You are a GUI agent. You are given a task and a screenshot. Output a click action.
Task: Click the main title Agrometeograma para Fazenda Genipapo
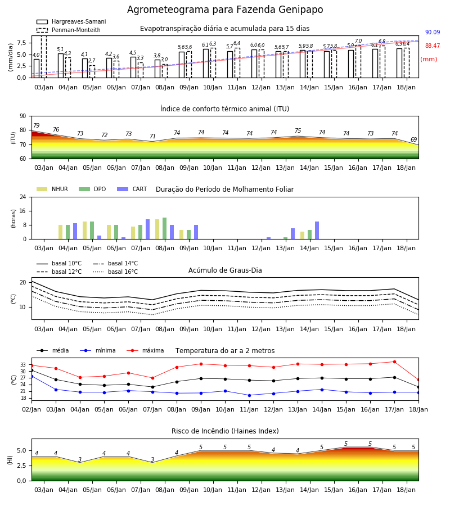225,10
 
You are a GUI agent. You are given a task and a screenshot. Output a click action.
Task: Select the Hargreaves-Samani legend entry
71,21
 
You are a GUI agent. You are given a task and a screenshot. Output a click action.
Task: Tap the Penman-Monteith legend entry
69,30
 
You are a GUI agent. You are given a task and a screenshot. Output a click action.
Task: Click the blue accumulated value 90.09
433,32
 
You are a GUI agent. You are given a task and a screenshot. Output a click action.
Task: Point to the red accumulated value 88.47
433,46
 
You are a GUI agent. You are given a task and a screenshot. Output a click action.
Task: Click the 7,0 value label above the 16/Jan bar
358,41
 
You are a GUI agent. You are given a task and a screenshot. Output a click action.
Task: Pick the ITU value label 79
37,125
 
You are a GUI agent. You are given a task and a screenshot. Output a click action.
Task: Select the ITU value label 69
413,139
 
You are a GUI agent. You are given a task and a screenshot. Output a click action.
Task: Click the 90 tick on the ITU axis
23,116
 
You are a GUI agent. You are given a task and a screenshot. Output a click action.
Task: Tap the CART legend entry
132,189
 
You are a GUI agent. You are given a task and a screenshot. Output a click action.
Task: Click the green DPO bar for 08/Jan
165,228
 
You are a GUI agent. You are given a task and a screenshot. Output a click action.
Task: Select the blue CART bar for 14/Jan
317,231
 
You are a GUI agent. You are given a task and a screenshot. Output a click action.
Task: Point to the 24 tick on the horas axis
23,197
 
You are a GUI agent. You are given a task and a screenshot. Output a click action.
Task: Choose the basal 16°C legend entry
115,272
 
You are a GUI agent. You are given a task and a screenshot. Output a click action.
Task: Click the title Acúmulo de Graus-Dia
225,270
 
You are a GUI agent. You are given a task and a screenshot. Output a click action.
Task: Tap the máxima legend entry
145,350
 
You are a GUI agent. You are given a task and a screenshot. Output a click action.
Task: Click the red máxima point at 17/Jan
394,362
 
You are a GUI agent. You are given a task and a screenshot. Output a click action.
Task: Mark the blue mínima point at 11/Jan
249,395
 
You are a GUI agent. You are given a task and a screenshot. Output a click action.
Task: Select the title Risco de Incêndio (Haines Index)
225,431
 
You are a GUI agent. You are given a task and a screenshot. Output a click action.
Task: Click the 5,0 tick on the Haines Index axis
21,451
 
